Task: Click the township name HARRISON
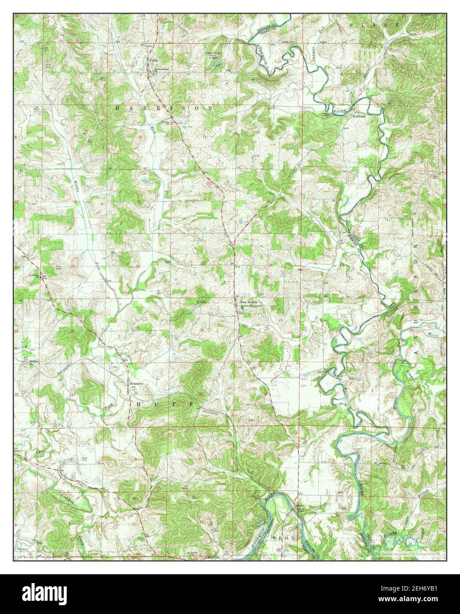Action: click(163, 108)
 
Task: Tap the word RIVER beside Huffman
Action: click(338, 112)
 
